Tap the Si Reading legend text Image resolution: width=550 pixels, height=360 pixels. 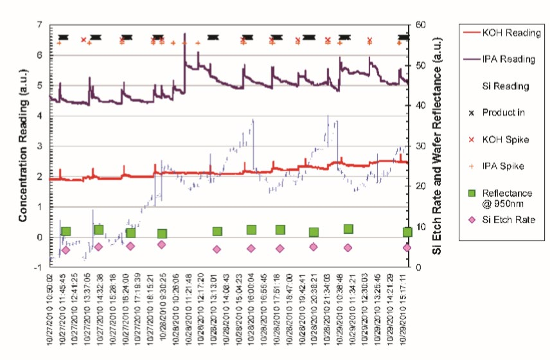pos(506,86)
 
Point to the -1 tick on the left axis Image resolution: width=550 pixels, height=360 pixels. pos(38,267)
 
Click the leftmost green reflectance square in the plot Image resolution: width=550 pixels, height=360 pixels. pos(65,231)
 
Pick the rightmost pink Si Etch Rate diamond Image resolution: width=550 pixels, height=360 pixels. pos(407,248)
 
